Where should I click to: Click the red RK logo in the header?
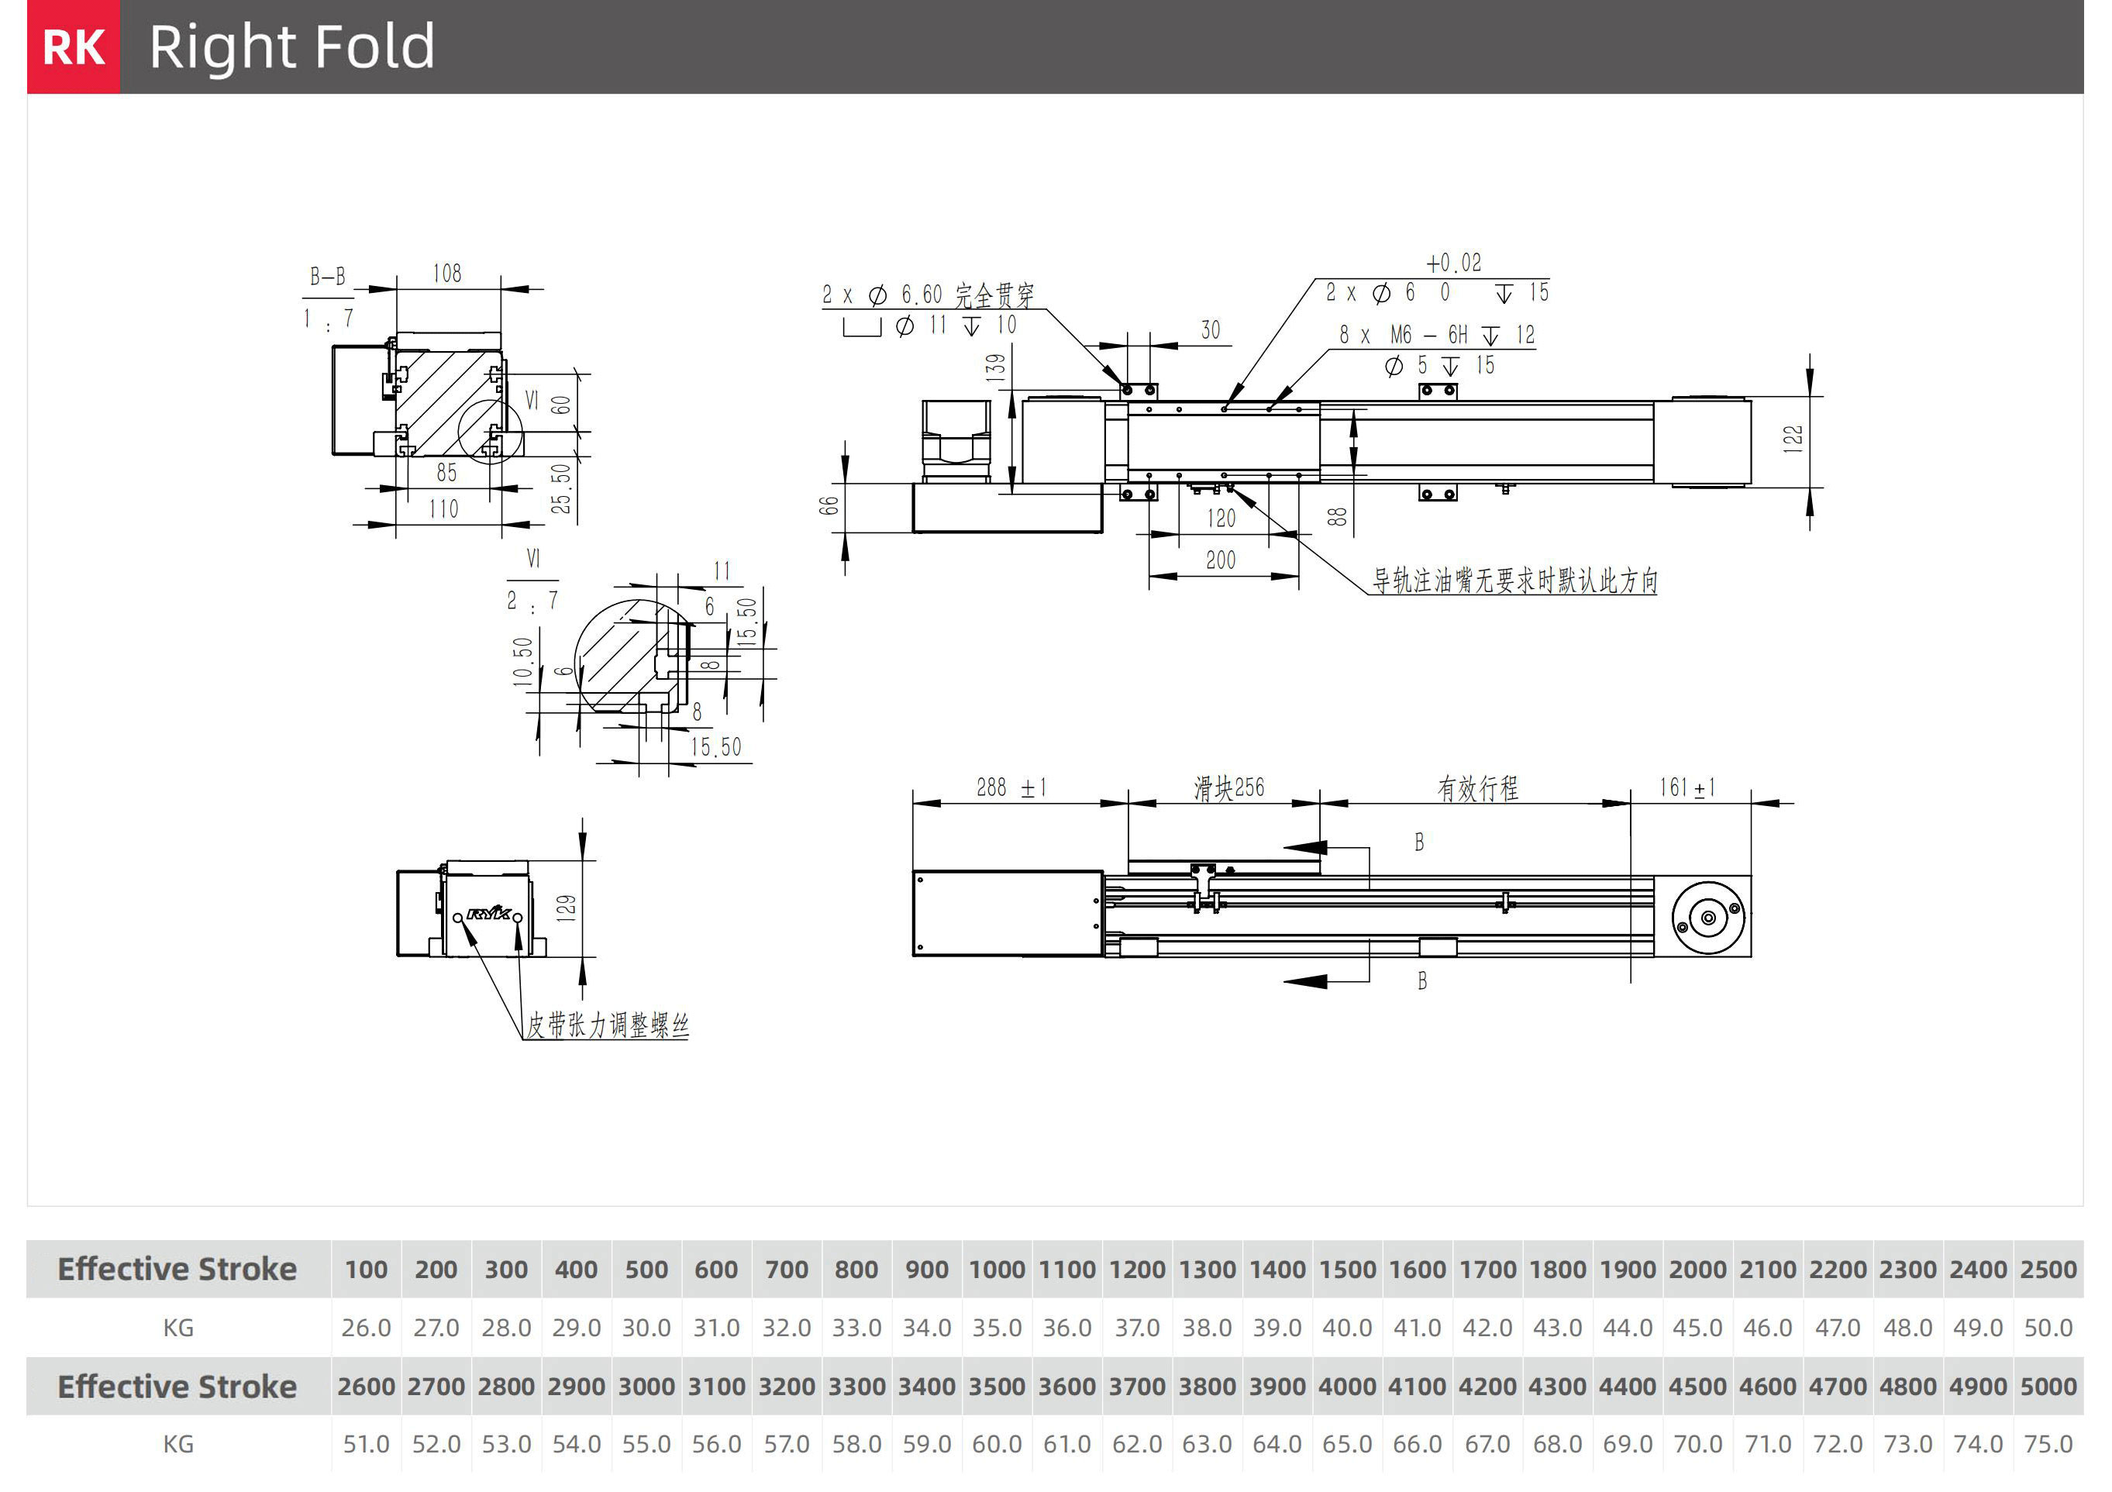pos(74,47)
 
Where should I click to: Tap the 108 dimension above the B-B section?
pos(447,273)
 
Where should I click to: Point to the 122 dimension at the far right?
pos(1793,438)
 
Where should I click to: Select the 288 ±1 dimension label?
pos(1010,787)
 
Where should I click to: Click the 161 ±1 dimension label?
pos(1686,787)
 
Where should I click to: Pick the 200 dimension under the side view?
pos(1221,560)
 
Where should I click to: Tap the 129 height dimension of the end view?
pos(567,908)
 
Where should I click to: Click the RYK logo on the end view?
pos(488,913)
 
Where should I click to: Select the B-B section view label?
pos(328,276)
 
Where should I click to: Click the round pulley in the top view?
pos(1708,917)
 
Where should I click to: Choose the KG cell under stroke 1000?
pos(997,1328)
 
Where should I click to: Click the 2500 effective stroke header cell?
pos(2048,1270)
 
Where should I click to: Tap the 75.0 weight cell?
pos(2048,1444)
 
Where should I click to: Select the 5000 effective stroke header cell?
pos(2048,1387)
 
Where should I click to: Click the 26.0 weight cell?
pos(366,1328)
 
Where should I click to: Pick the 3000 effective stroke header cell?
pos(646,1387)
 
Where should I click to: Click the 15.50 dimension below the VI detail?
pos(715,747)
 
